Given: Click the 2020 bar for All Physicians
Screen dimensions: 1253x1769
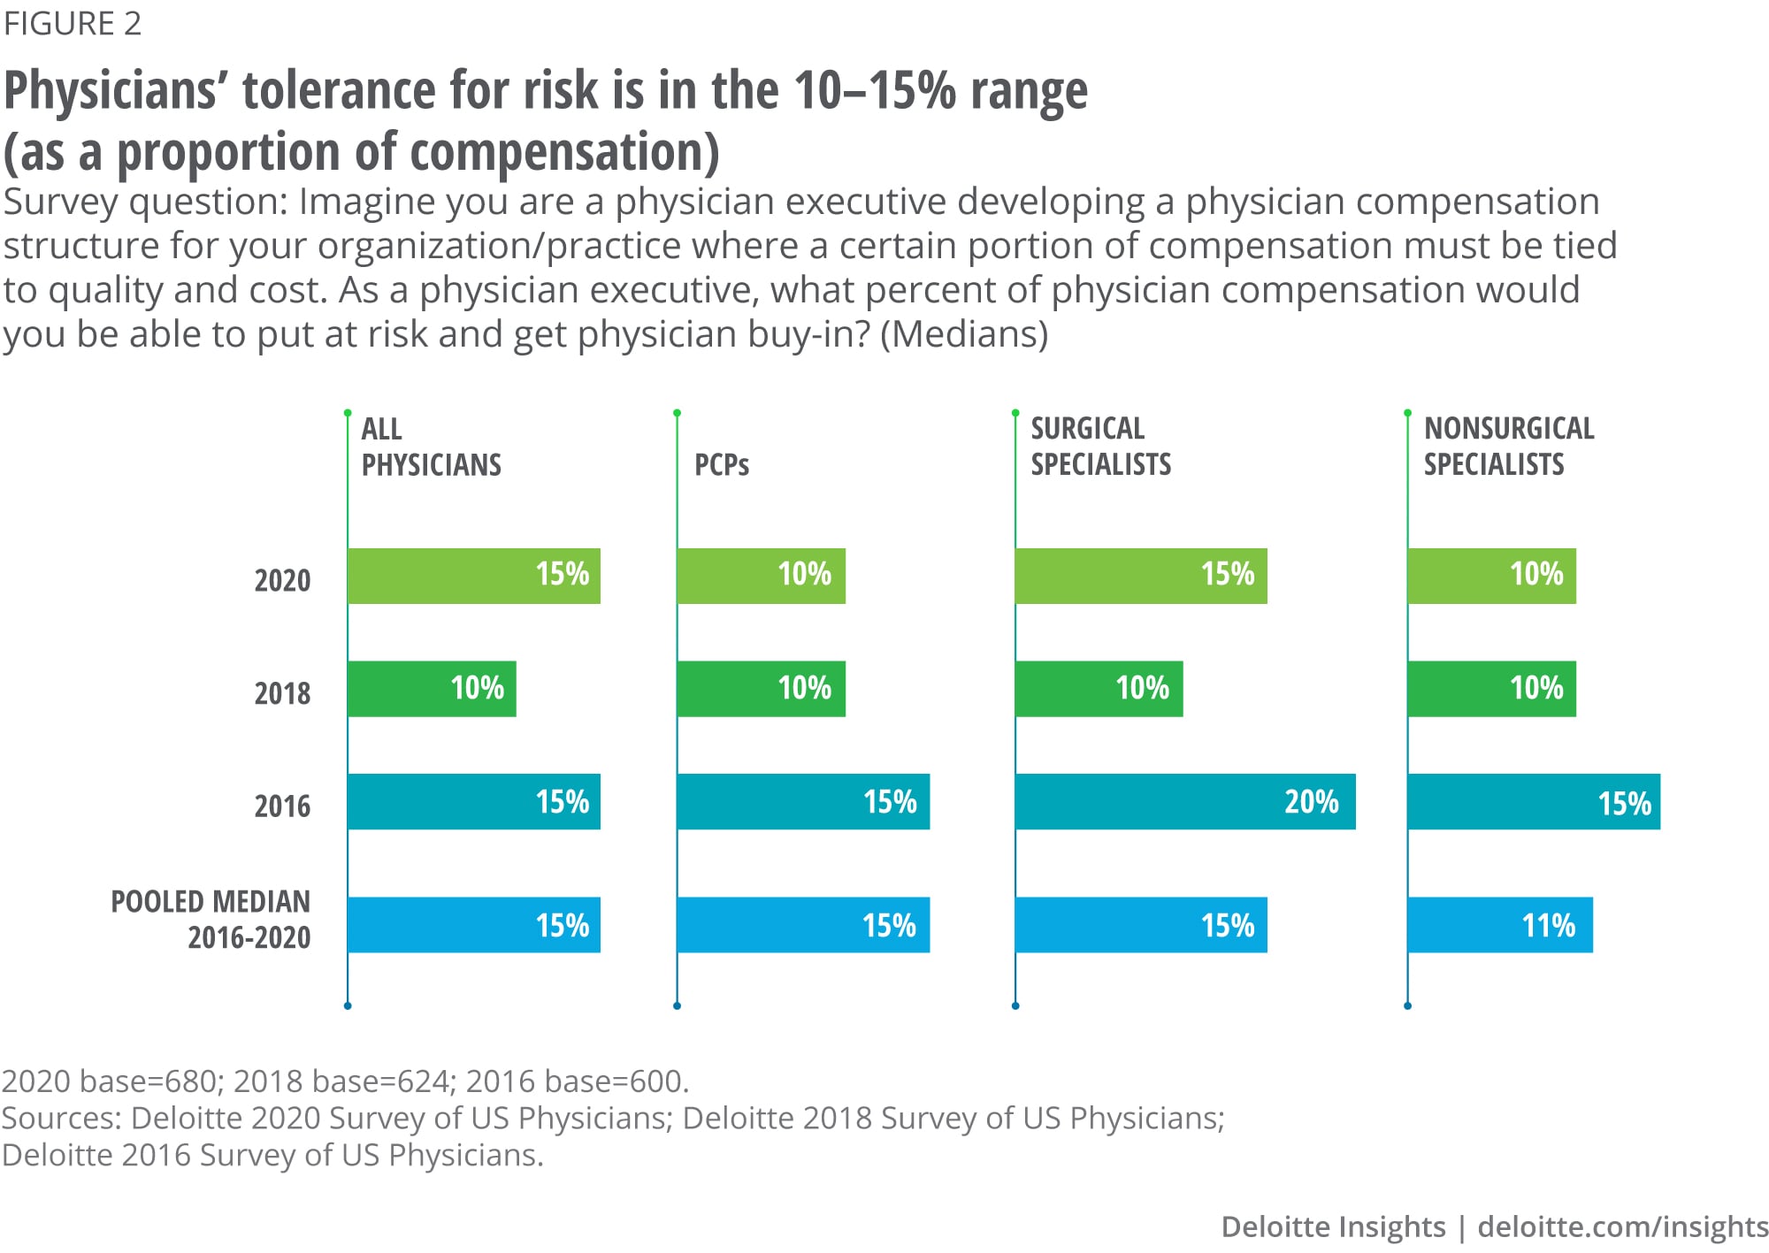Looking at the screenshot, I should point(473,576).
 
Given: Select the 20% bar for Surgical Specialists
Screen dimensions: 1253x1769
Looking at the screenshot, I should point(1184,801).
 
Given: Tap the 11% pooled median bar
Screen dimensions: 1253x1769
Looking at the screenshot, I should point(1499,925).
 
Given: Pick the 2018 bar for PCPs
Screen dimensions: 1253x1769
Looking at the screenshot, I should point(761,689).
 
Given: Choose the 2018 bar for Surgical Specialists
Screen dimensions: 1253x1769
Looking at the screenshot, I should point(1099,689).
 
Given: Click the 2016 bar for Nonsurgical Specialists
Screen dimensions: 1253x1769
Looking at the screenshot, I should point(1533,802).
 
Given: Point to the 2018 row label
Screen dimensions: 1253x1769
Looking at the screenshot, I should point(282,693).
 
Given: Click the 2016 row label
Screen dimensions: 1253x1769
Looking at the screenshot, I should point(282,806).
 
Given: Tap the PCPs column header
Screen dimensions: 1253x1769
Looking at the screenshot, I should point(721,465).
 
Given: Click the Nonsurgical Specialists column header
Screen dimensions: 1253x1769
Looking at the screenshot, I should point(1508,447).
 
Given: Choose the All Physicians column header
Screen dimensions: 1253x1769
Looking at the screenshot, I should point(431,447).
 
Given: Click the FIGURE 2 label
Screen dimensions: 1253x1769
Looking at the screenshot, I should point(73,24).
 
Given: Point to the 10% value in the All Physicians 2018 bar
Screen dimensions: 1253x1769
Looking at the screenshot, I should point(477,688).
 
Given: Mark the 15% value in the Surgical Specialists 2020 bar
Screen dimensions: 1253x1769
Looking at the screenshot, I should point(1227,574).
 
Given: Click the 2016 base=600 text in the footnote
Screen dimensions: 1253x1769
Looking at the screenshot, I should point(577,1081).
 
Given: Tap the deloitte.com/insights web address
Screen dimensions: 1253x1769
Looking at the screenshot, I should point(1622,1226).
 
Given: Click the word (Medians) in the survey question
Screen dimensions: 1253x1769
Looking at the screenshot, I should point(964,334).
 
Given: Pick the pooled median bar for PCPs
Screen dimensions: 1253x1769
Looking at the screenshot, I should point(802,925).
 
